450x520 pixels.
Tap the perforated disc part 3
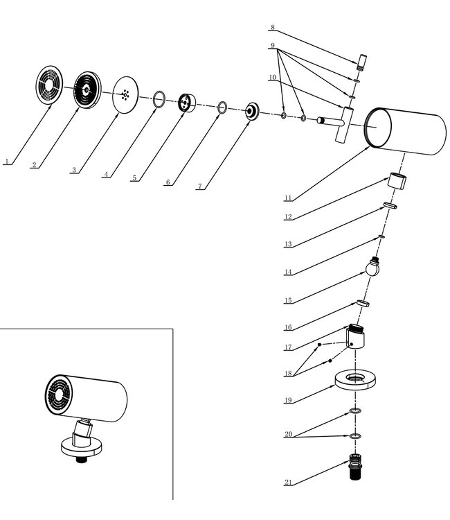tap(125, 94)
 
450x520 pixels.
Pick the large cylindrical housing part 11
tap(405, 132)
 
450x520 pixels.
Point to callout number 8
tap(273, 28)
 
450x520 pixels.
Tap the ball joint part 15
tap(374, 268)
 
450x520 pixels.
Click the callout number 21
tap(288, 482)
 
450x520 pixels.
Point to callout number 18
tap(288, 373)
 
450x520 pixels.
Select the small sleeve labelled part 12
tap(397, 182)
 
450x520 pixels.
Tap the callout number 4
tap(106, 175)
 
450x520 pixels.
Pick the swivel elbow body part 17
tap(357, 338)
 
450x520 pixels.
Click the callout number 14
tap(288, 272)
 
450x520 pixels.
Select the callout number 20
tap(288, 435)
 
